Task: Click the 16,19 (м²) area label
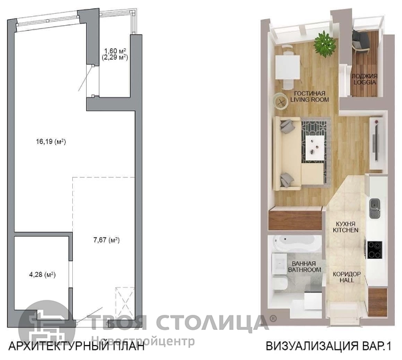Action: click(x=51, y=141)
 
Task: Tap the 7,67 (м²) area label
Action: click(x=107, y=240)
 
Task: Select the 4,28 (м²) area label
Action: click(x=42, y=275)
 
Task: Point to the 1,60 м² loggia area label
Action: click(x=114, y=51)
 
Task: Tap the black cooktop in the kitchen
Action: click(x=375, y=250)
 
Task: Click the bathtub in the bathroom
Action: click(x=295, y=243)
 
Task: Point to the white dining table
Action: click(x=288, y=67)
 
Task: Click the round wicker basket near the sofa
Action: click(x=281, y=102)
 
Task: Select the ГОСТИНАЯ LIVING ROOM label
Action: click(x=309, y=96)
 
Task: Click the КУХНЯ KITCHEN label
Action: click(x=345, y=227)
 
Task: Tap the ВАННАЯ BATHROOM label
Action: click(x=305, y=267)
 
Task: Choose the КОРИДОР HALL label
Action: click(x=347, y=277)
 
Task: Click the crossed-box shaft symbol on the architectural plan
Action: click(x=125, y=303)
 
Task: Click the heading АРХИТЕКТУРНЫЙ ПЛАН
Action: click(x=76, y=346)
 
